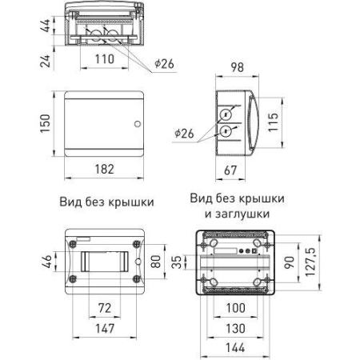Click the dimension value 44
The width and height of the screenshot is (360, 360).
[x=46, y=24]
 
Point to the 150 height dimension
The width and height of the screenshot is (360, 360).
[x=46, y=124]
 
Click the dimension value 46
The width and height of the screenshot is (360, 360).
[x=46, y=260]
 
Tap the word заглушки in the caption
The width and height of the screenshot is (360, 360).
[x=242, y=214]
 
